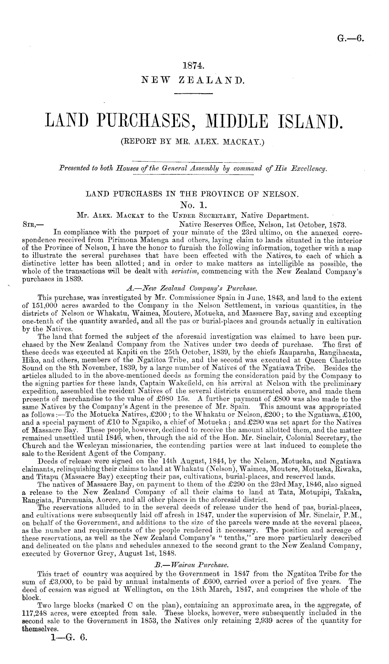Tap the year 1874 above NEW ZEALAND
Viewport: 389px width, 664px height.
194,65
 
